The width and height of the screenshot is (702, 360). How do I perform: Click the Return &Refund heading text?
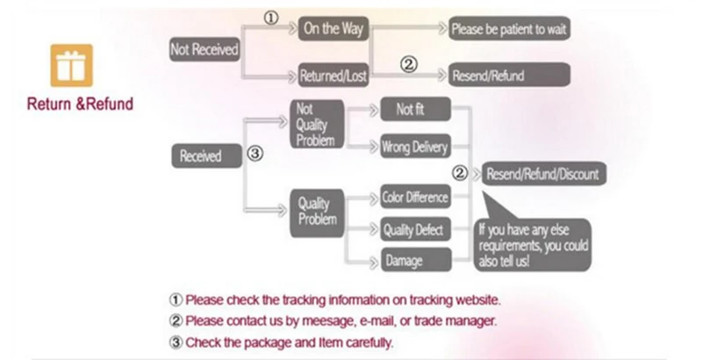tap(80, 104)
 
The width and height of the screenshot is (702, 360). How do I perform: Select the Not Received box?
tap(204, 50)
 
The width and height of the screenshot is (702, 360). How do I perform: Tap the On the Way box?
tap(334, 29)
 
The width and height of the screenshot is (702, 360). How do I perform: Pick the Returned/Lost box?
tap(333, 76)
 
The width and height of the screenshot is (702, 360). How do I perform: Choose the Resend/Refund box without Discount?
tap(488, 76)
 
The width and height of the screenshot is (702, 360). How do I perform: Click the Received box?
tap(201, 156)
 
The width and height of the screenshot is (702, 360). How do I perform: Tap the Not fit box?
tap(415, 110)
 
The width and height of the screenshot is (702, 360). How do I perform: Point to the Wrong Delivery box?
tap(415, 147)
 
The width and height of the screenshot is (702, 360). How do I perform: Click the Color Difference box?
tap(415, 198)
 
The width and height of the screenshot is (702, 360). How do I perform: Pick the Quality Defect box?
tap(415, 230)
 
